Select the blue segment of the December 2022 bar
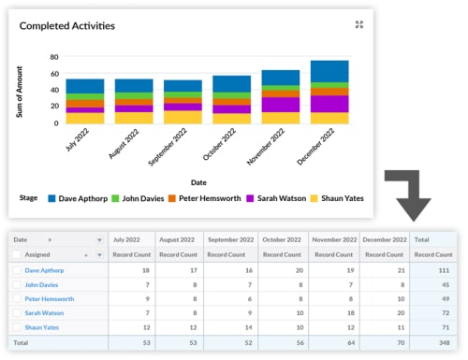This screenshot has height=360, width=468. click(x=329, y=72)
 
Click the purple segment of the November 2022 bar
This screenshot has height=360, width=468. click(x=280, y=104)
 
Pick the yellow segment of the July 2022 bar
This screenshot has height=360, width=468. click(x=84, y=118)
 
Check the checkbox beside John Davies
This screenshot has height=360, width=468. click(x=17, y=284)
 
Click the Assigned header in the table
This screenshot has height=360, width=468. click(x=39, y=254)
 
